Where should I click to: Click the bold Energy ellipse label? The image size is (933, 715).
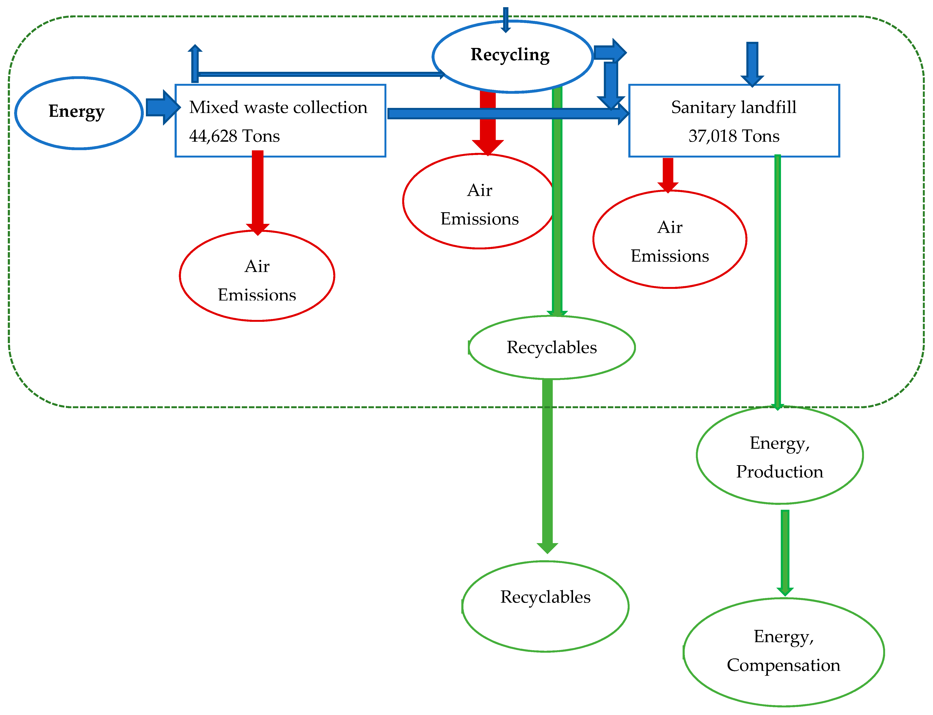[77, 111]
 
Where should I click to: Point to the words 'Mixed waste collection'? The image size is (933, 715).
[278, 107]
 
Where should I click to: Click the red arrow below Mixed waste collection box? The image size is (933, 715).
[257, 192]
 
